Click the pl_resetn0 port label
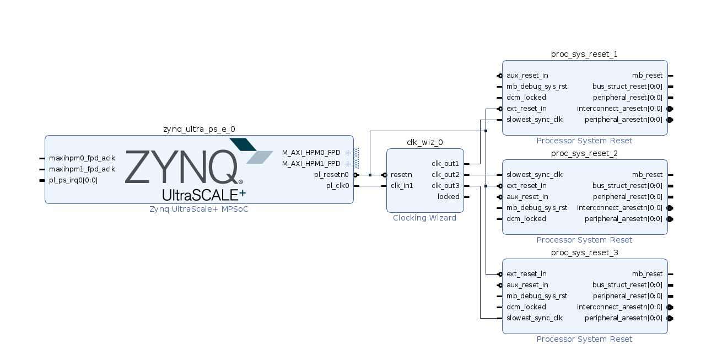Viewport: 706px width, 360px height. (x=331, y=175)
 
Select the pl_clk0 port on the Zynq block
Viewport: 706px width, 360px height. (x=337, y=186)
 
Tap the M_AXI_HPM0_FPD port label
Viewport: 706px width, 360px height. (x=311, y=153)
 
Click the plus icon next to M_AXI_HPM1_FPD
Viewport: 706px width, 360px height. (x=348, y=164)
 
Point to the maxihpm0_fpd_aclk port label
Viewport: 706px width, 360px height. (x=82, y=158)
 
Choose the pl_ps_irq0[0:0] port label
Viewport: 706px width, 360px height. (x=73, y=180)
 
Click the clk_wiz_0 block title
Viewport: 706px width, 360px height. (x=424, y=142)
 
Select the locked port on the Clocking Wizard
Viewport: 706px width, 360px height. (x=448, y=197)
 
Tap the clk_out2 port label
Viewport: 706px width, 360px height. (x=445, y=175)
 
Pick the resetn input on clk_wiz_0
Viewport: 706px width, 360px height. (x=401, y=175)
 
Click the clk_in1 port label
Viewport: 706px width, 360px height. (x=402, y=186)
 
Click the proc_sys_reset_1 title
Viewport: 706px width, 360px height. (x=584, y=54)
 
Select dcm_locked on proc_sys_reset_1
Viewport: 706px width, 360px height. (x=526, y=98)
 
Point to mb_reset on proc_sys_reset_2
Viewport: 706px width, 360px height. (x=647, y=175)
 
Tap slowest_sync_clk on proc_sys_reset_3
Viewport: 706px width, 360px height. (x=535, y=318)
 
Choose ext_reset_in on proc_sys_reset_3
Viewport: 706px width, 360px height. (x=526, y=274)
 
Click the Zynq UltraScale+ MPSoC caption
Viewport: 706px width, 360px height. (x=199, y=209)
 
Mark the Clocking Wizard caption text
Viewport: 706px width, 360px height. (x=424, y=218)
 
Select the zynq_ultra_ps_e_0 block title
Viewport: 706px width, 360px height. (x=199, y=129)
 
